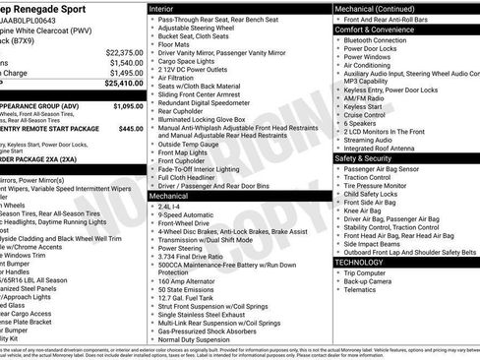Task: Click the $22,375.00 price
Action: pos(124,51)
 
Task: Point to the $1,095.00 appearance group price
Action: pos(129,105)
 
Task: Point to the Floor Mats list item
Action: pos(175,44)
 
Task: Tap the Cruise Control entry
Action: pos(365,114)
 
